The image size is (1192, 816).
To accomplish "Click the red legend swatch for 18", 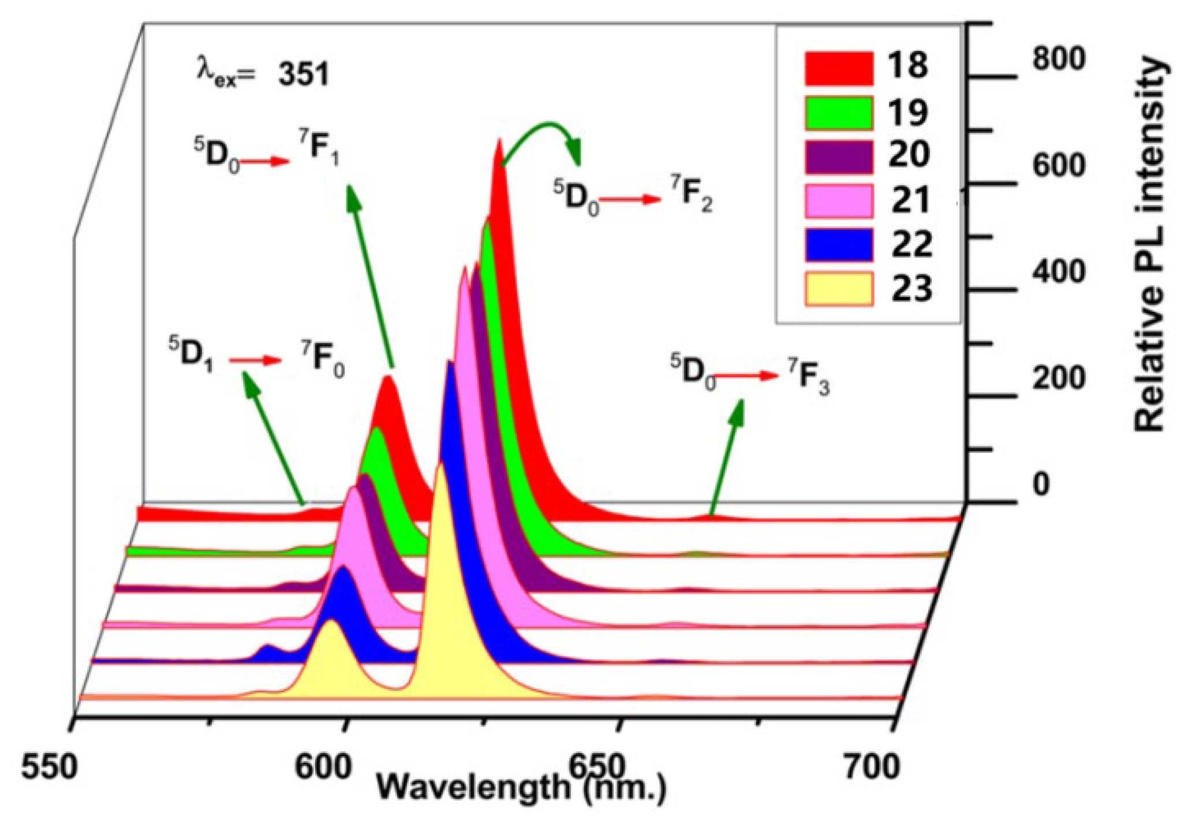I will point(838,68).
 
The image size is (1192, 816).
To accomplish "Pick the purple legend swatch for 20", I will point(838,157).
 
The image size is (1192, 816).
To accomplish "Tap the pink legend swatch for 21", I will point(838,201).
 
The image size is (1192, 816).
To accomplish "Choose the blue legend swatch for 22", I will point(838,245).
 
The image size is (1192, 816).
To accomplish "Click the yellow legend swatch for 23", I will point(838,289).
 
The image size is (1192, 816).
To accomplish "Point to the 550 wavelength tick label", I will point(48,768).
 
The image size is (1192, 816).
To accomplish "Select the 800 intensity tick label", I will point(1059,59).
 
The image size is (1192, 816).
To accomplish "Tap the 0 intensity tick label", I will point(1041,485).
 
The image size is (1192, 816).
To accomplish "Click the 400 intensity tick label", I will point(1059,271).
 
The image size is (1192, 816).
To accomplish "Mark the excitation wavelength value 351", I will point(304,74).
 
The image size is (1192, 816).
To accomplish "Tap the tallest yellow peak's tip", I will point(441,465).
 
